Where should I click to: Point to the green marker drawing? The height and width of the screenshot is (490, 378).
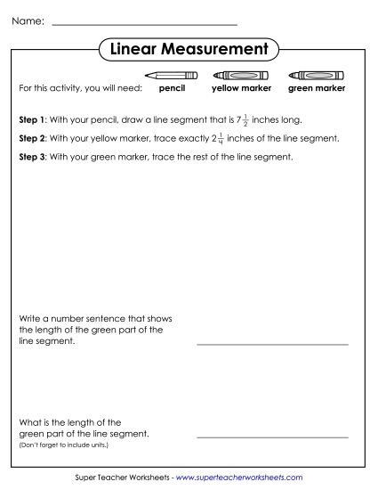coord(317,76)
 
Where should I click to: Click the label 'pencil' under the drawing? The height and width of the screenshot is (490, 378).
coord(172,89)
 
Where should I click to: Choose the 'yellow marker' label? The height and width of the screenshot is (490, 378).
coord(241,89)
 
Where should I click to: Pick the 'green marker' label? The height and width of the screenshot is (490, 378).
coord(317,89)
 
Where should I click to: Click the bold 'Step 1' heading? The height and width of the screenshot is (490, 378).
coord(32,118)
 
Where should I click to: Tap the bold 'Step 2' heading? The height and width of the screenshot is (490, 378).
coord(32,139)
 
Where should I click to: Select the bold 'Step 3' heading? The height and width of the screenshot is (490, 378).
coord(32,157)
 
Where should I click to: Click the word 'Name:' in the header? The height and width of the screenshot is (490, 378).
coord(28,20)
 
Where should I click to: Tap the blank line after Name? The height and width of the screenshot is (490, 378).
coord(145,24)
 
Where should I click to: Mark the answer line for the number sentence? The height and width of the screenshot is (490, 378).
coord(272,343)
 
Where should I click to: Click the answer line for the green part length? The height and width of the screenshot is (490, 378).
coord(272,437)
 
